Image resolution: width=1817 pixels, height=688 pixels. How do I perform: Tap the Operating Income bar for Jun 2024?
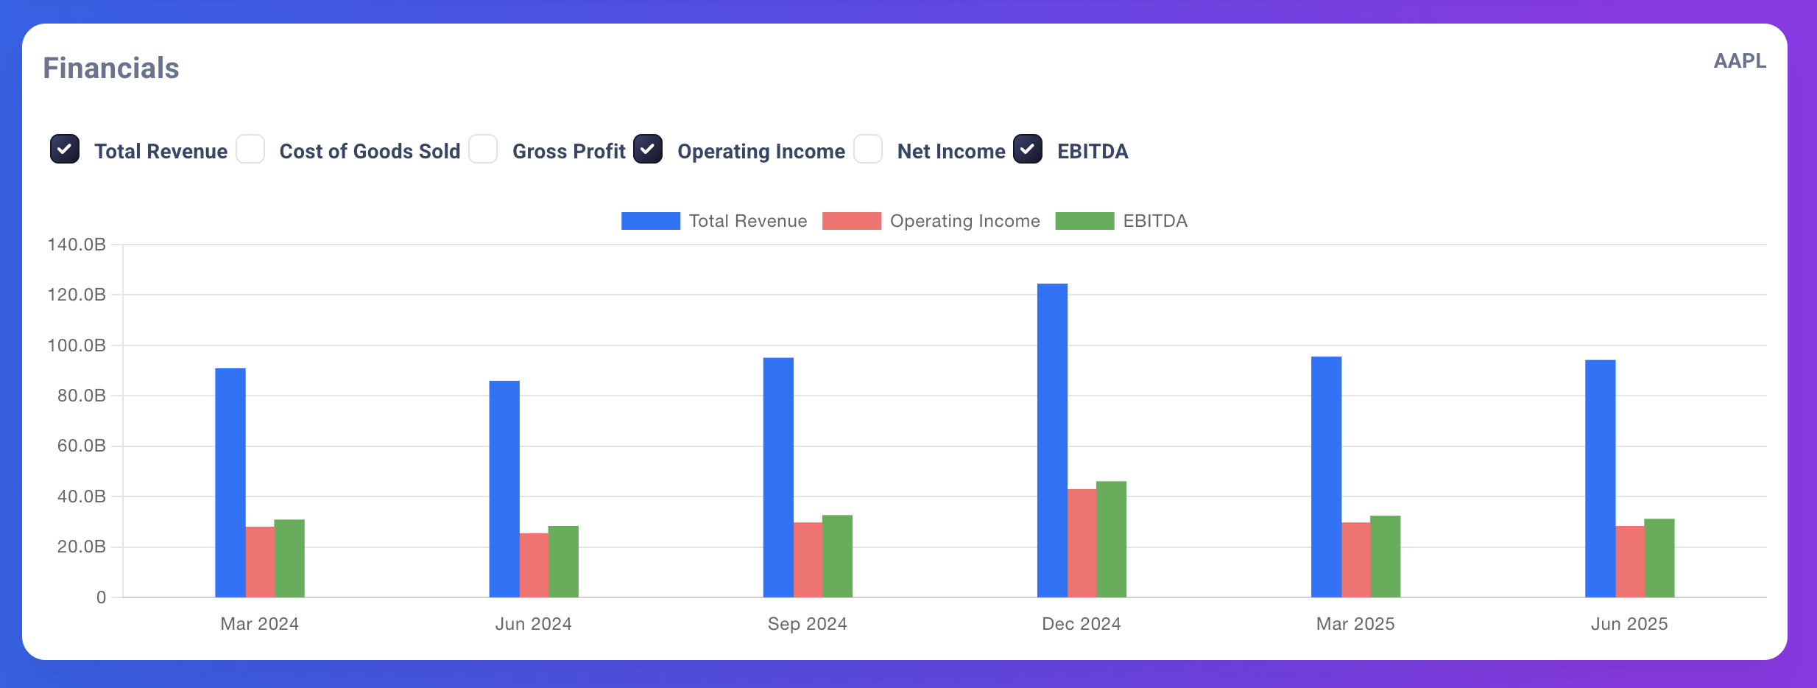click(534, 565)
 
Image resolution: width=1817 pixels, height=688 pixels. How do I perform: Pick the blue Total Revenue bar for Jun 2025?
click(1600, 479)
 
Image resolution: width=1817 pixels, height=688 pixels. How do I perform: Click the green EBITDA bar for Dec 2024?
click(1111, 539)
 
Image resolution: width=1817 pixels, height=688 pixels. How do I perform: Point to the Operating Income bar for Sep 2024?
click(808, 560)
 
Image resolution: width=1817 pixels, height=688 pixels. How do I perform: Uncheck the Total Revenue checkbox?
click(65, 149)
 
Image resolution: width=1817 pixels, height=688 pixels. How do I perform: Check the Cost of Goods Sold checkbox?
click(250, 149)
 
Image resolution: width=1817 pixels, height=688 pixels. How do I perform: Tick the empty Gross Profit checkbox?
click(483, 149)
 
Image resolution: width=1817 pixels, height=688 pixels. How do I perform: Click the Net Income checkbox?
click(868, 149)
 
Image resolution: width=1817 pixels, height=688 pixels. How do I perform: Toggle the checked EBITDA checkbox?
click(1028, 149)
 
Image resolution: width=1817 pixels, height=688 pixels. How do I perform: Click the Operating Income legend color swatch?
click(851, 221)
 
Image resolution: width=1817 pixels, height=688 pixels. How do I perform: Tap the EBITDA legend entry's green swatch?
click(1084, 221)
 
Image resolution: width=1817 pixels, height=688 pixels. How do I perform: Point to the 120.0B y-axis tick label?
click(77, 295)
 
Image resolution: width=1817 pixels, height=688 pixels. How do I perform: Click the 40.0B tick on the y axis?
click(81, 496)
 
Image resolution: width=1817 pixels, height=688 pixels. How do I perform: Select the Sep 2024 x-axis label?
click(807, 624)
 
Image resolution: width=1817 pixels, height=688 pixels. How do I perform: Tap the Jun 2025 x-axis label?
click(1629, 624)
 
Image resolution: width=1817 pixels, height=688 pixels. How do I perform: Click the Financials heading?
click(111, 68)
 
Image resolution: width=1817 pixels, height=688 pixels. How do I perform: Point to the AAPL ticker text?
click(1739, 60)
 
